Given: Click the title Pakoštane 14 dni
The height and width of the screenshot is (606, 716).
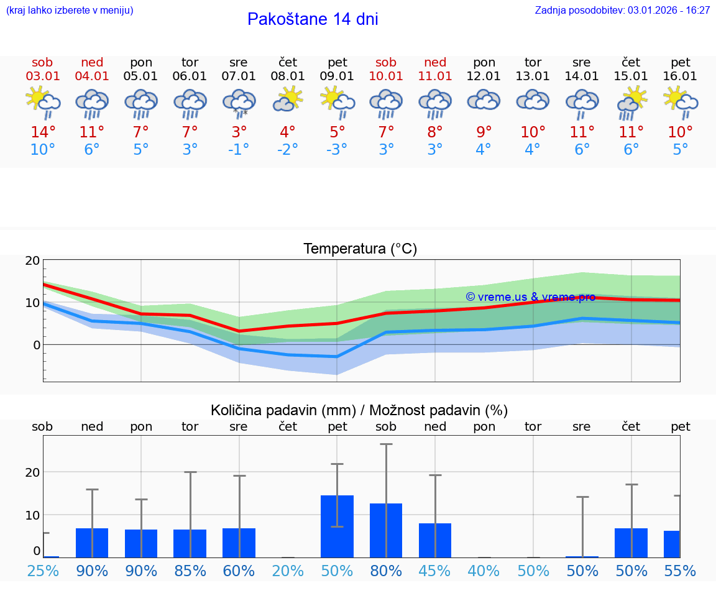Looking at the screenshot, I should (313, 19).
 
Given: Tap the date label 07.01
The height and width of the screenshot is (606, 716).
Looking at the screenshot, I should (239, 76).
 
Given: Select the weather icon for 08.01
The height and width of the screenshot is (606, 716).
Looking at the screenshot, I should (288, 99).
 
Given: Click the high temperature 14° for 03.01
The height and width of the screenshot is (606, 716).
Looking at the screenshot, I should (43, 132).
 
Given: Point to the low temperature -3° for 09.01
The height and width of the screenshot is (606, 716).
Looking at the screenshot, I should (337, 150).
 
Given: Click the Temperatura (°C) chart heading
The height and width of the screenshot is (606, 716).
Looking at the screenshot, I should (360, 249).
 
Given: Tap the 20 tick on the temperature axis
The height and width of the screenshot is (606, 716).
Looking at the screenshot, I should (32, 261).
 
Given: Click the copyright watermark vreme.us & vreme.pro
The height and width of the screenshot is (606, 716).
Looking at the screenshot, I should (530, 296).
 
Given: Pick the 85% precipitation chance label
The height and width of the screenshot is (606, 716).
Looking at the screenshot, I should (190, 571).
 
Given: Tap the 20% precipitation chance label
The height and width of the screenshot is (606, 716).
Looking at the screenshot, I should (288, 571).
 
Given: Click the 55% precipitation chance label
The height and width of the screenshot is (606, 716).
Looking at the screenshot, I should (680, 571).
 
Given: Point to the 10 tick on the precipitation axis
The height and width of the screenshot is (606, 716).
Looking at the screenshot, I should (32, 515).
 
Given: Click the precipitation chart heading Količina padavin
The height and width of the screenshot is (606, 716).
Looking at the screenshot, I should (359, 410).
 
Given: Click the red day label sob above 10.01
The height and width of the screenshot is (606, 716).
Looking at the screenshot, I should (386, 62).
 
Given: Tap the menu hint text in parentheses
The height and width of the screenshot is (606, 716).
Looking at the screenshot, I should (70, 10).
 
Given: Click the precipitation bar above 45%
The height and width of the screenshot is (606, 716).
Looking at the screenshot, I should (435, 540).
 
